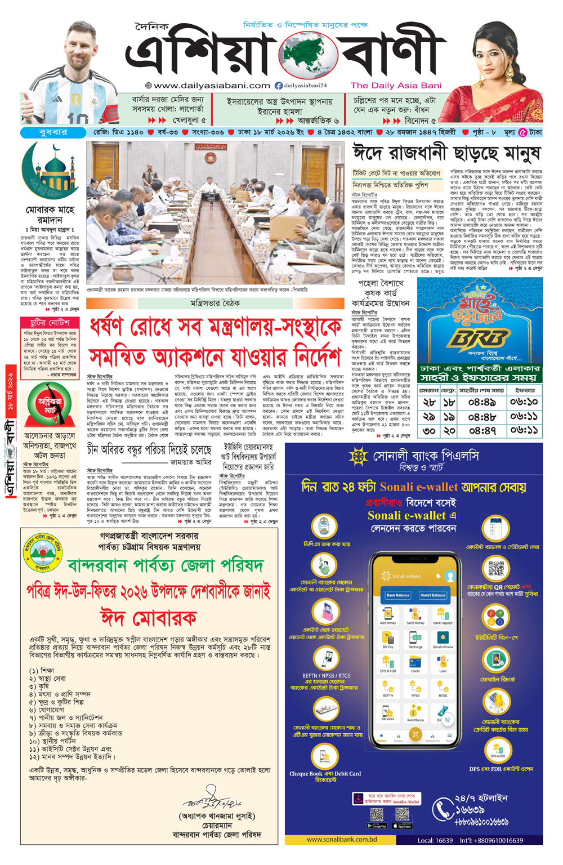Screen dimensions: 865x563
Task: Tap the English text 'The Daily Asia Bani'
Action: click(396, 86)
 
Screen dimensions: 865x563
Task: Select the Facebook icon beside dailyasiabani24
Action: click(278, 86)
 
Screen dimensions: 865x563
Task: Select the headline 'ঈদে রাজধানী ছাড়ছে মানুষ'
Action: click(446, 153)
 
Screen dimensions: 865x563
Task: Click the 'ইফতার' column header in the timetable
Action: click(525, 390)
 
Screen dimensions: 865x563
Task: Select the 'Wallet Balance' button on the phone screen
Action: click(432, 595)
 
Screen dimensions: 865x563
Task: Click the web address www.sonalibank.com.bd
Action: click(342, 839)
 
